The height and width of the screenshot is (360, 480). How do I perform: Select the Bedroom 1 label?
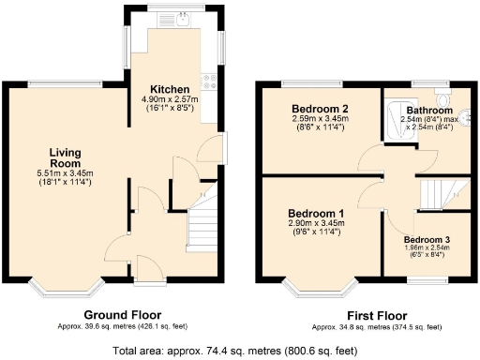click(316, 214)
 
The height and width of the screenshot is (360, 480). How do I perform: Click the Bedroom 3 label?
click(427, 240)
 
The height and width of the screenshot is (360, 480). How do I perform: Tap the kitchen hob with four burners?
click(208, 80)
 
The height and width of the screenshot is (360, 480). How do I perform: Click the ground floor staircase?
click(205, 225)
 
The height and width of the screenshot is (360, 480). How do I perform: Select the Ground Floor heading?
click(122, 315)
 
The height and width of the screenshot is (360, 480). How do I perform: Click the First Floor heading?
click(375, 315)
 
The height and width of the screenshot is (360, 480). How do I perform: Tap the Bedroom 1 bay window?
click(320, 287)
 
